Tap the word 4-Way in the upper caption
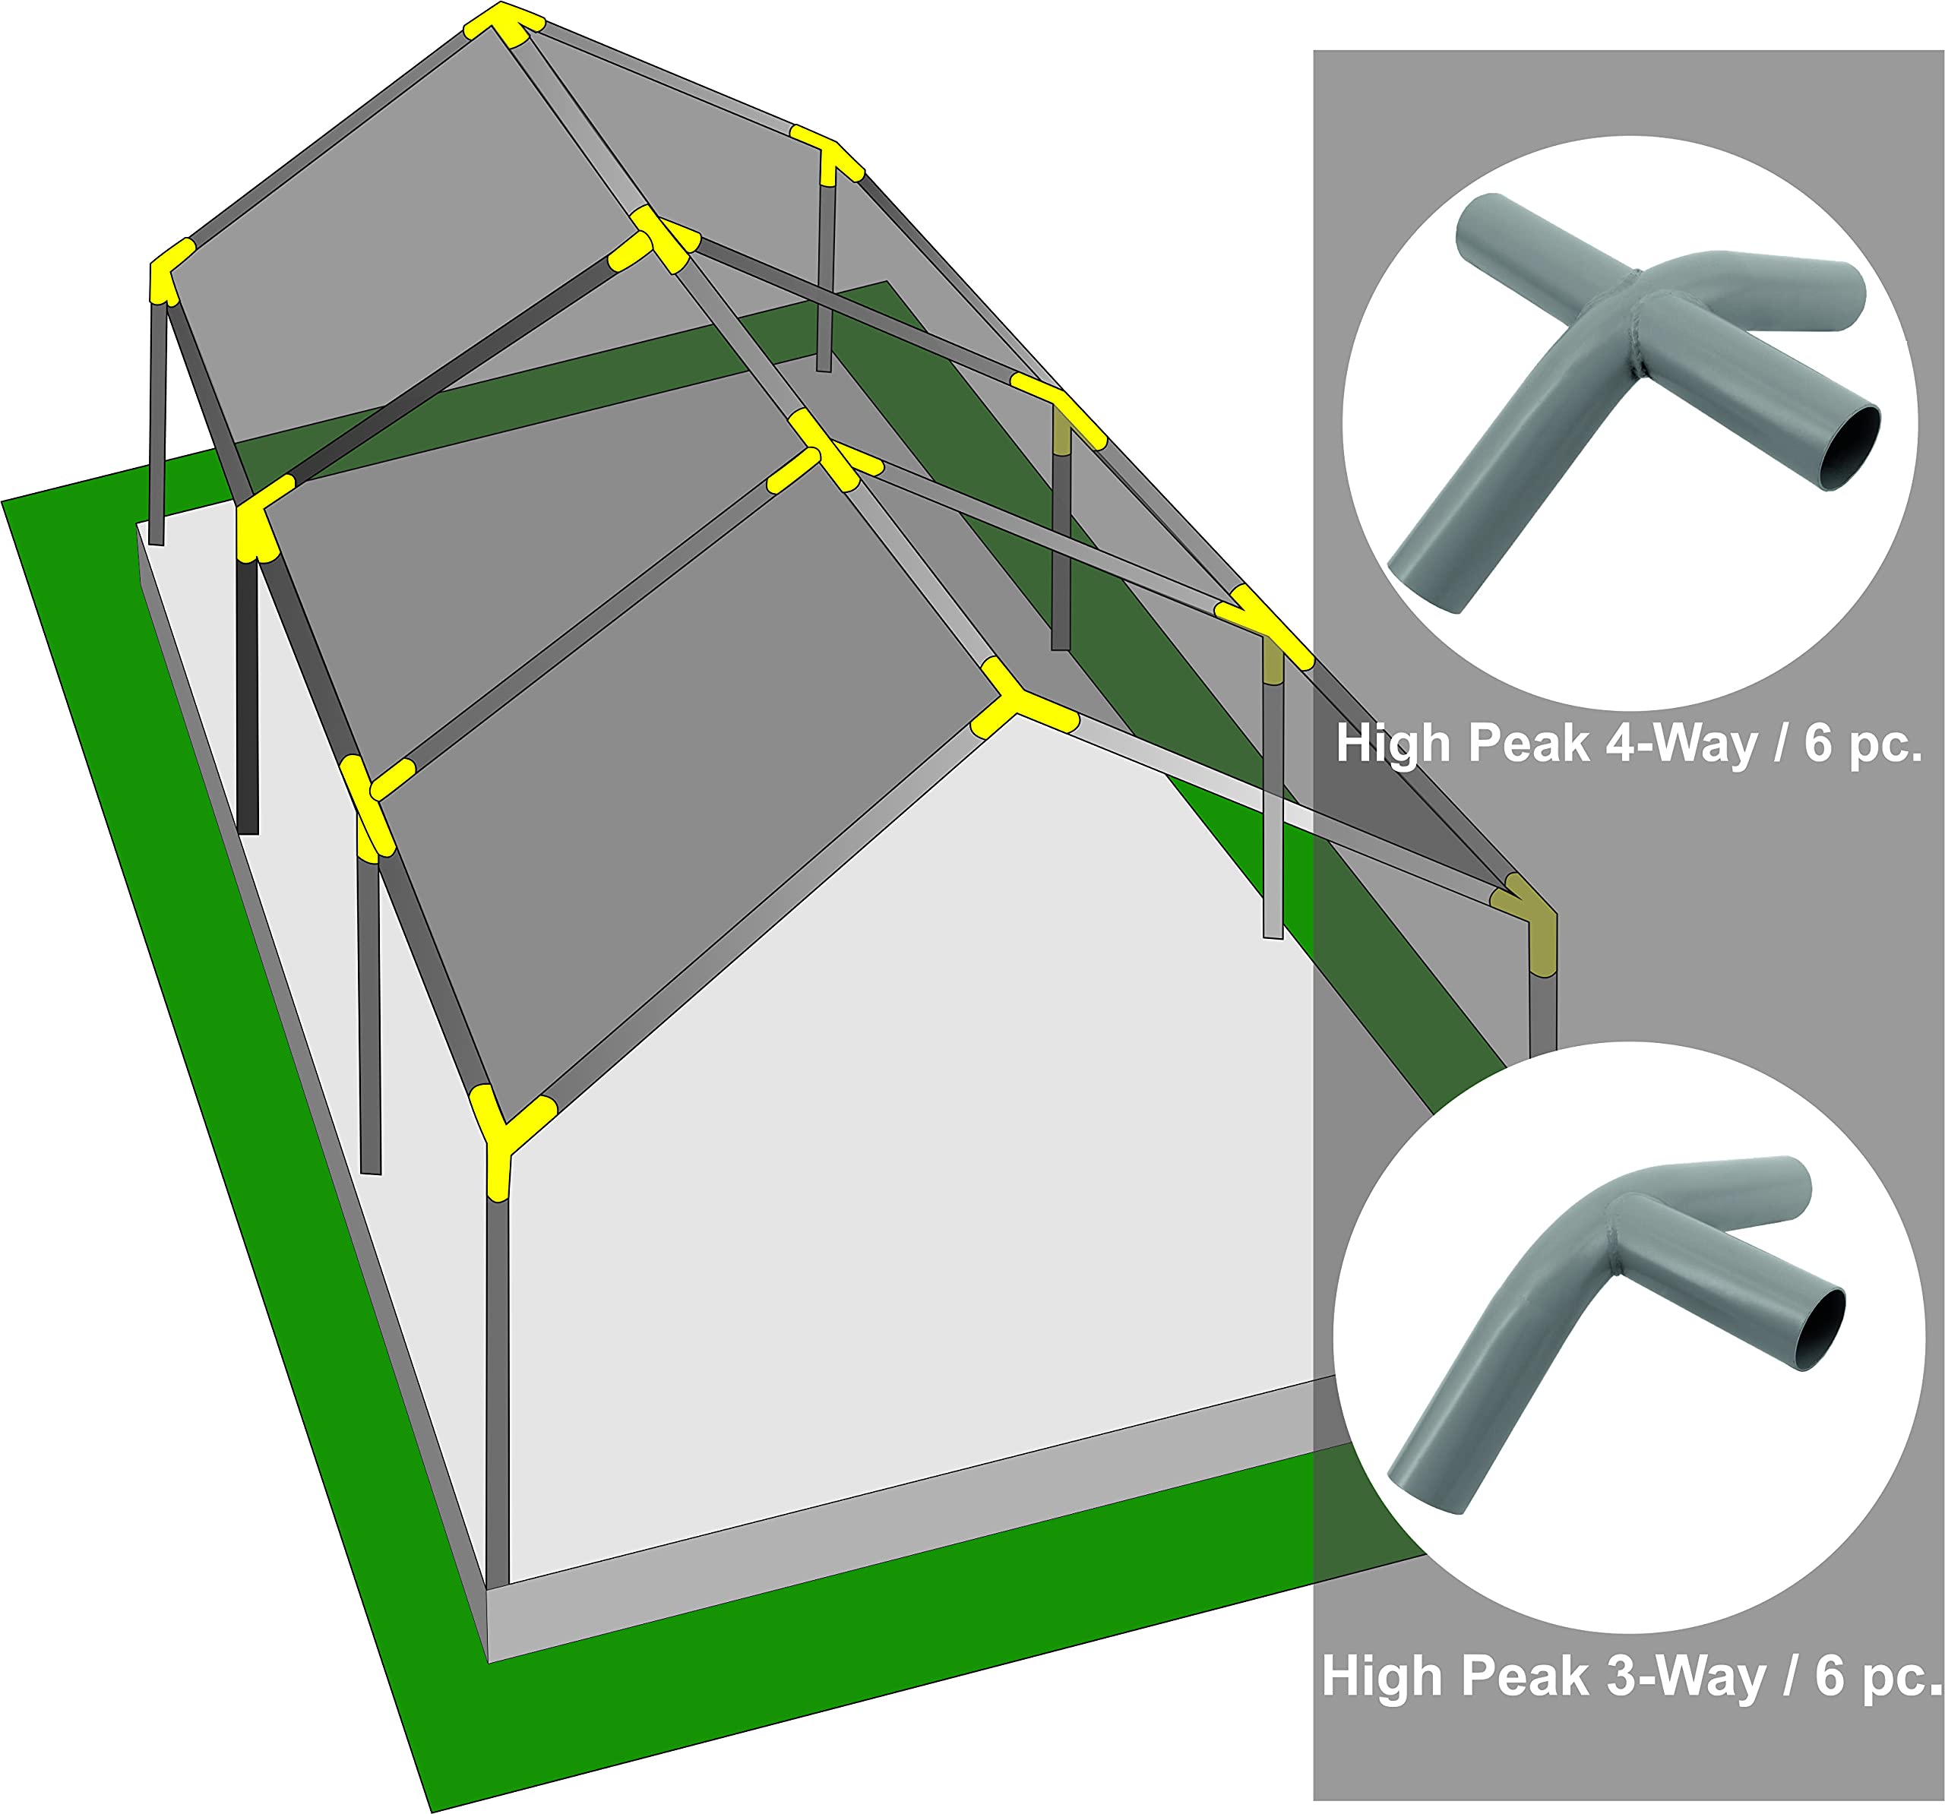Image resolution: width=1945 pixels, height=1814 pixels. [x=1681, y=744]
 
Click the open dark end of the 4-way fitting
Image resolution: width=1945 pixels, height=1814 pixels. [x=1850, y=449]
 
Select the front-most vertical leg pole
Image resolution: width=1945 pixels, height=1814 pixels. [x=497, y=1389]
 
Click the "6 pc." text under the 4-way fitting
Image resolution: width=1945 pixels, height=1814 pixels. [x=1864, y=744]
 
